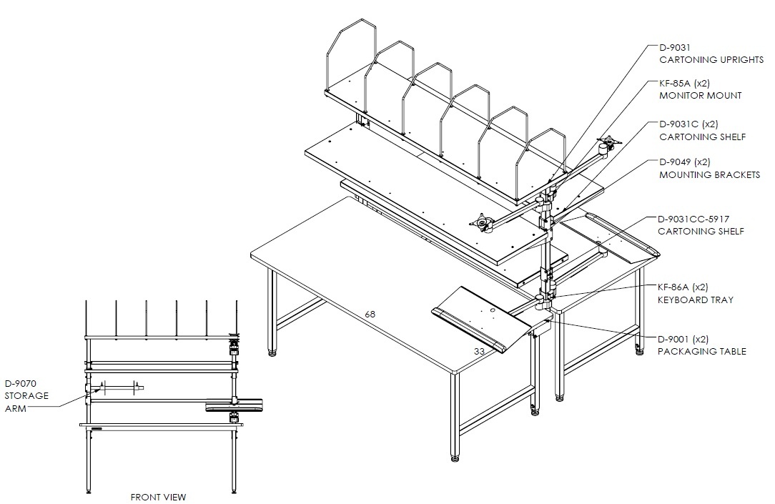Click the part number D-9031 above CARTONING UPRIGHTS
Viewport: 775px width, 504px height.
point(675,47)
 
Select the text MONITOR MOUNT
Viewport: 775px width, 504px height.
point(701,95)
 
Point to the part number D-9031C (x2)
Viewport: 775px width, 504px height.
point(688,124)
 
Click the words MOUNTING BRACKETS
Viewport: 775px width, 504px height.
point(710,174)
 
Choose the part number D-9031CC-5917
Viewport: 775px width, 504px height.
point(693,219)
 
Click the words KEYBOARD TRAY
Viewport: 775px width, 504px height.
point(696,300)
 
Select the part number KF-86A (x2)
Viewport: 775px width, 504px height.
point(683,287)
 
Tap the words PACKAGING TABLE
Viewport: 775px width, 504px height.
point(702,351)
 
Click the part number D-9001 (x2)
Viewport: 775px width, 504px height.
point(683,339)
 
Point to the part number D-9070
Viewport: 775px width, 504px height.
point(21,383)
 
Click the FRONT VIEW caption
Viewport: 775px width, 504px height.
point(158,497)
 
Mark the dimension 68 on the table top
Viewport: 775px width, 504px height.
point(370,314)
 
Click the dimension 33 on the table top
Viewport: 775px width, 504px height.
point(479,351)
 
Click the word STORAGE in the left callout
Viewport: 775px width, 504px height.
point(26,396)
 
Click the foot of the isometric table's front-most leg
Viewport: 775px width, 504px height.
point(454,457)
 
